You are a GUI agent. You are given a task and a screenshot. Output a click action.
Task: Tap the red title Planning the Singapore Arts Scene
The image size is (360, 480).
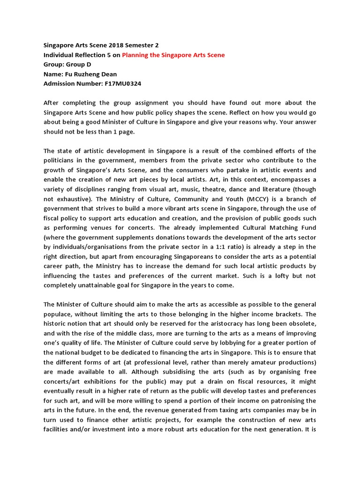[173, 55]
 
